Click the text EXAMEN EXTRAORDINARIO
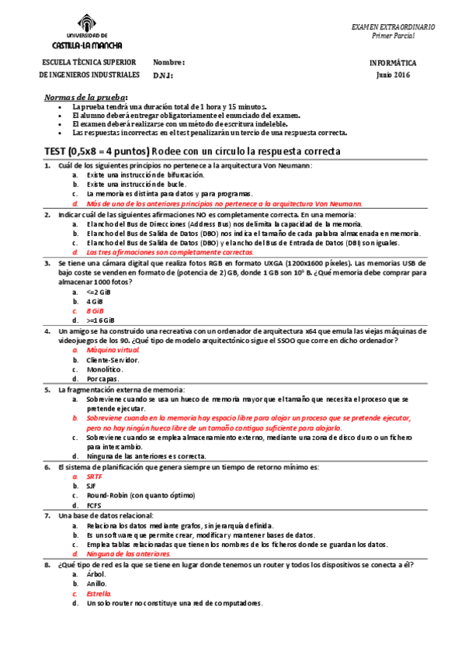(x=393, y=26)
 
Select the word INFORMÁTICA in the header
(x=393, y=63)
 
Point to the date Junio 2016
(x=393, y=75)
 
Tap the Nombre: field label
(x=169, y=62)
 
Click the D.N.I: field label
(x=163, y=75)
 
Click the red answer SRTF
(x=95, y=476)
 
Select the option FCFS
(x=95, y=505)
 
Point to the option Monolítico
(x=104, y=369)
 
